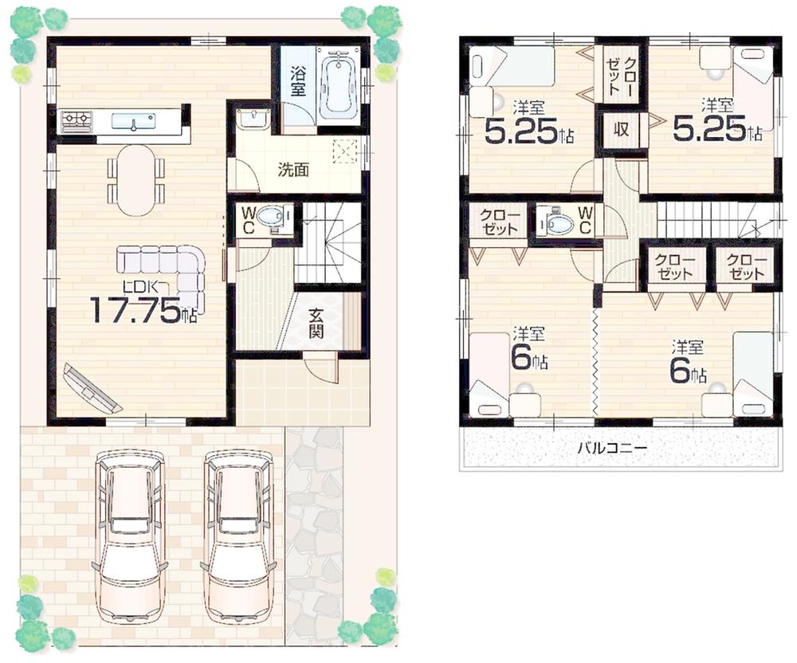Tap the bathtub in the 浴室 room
[x=338, y=84]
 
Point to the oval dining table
[x=135, y=179]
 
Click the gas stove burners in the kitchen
[x=77, y=121]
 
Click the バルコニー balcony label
[x=612, y=449]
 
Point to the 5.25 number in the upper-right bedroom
[x=709, y=130]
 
